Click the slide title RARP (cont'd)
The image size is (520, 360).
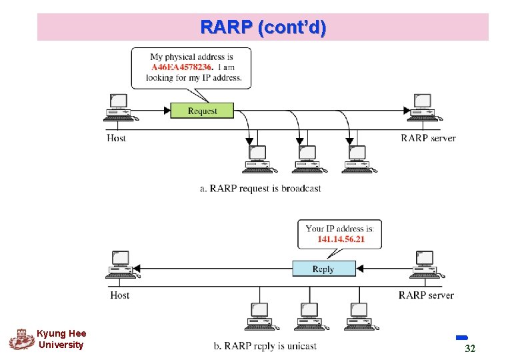pyautogui.click(x=263, y=27)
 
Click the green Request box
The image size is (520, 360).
pyautogui.click(x=203, y=111)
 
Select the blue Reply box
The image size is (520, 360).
pyautogui.click(x=323, y=269)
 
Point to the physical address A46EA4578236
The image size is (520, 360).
pyautogui.click(x=181, y=67)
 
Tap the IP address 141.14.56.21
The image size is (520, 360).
pyautogui.click(x=341, y=239)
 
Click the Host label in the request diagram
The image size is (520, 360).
pyautogui.click(x=117, y=138)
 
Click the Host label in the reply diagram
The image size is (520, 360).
pyautogui.click(x=120, y=295)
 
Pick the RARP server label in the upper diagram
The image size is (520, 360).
pyautogui.click(x=428, y=138)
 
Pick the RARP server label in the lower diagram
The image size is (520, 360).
pyautogui.click(x=426, y=295)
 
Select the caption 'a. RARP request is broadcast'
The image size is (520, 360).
pyautogui.click(x=260, y=189)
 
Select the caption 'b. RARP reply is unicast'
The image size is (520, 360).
pyautogui.click(x=265, y=345)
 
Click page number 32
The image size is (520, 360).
pyautogui.click(x=469, y=349)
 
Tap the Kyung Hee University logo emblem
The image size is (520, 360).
pyautogui.click(x=21, y=339)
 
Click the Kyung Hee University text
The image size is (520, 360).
pyautogui.click(x=61, y=339)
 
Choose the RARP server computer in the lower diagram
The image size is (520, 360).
pyautogui.click(x=425, y=264)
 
